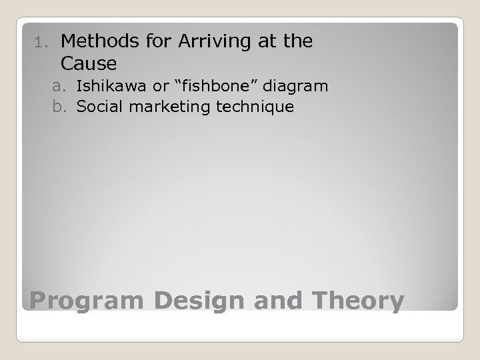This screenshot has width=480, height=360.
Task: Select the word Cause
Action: [88, 64]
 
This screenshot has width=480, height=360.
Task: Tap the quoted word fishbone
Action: [201, 86]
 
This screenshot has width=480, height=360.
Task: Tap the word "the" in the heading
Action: [297, 41]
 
